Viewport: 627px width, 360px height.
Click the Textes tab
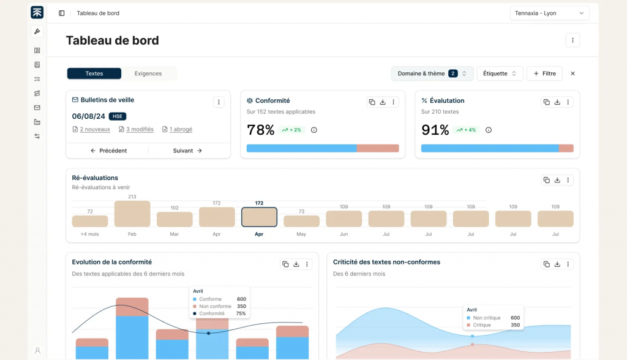pos(94,73)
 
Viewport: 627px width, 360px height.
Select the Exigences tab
pos(148,73)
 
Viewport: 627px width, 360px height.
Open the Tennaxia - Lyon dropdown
pos(549,13)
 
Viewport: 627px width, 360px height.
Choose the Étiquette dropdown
pos(500,73)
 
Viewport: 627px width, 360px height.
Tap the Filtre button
pos(544,73)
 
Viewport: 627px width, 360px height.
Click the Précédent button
pos(108,151)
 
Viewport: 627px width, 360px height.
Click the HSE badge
pos(118,116)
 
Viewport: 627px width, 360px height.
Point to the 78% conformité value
pos(261,130)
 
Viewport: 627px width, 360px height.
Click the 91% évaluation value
pos(435,130)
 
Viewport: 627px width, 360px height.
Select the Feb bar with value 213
pos(132,214)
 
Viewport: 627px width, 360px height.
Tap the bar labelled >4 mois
pos(90,221)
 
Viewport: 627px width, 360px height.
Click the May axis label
pos(301,234)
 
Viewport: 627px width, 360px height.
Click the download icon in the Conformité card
pos(383,102)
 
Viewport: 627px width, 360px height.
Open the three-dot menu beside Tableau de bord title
pos(573,40)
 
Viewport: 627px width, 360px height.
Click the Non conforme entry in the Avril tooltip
pos(215,306)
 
